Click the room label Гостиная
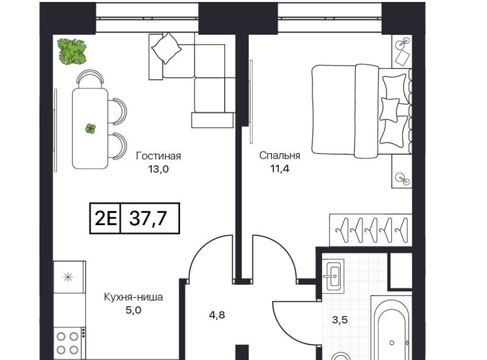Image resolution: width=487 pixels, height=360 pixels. point(158,156)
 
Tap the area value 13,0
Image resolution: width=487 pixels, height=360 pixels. point(158,169)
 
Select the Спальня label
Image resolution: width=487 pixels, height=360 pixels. point(280,156)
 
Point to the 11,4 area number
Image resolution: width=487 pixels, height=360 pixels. point(280,169)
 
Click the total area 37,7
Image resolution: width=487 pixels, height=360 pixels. point(148,218)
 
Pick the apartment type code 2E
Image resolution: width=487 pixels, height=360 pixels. point(106,218)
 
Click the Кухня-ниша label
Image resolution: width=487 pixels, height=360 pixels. point(133,297)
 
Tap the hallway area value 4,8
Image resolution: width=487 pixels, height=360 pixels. point(217,315)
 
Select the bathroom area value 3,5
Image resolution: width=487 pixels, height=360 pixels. point(340,319)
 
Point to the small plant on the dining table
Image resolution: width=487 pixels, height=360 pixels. point(90,128)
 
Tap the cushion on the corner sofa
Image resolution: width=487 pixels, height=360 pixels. point(166,48)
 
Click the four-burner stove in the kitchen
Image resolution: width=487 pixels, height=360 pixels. point(67,343)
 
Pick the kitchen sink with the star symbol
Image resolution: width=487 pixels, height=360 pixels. point(68,277)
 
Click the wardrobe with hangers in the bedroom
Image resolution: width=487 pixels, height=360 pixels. point(370,230)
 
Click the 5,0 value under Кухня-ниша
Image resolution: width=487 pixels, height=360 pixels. point(133,310)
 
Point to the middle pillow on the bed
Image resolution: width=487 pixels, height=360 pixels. point(390,109)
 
